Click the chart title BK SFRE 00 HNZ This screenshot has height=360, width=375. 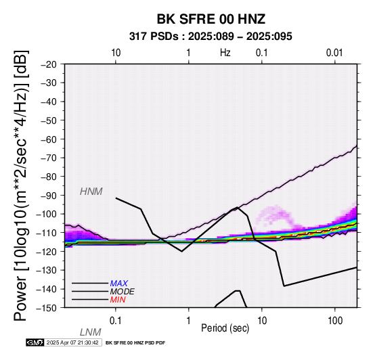tap(211, 19)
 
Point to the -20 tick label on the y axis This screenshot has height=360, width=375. tap(49, 64)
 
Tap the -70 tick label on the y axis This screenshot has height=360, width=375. tap(49, 158)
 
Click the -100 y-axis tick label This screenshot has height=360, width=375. tap(47, 214)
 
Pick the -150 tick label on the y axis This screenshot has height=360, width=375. tap(47, 308)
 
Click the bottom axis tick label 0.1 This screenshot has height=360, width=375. tap(116, 321)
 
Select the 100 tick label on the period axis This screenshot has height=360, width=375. tap(335, 321)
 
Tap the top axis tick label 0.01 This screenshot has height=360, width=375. tap(334, 53)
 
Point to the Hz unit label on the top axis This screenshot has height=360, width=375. tap(225, 53)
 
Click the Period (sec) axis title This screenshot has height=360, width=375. tap(225, 328)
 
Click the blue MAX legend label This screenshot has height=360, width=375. tap(119, 284)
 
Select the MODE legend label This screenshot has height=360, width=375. tap(123, 292)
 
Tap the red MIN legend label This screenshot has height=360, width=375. tap(118, 300)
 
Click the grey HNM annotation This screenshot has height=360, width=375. tap(91, 192)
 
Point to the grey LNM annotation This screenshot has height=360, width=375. tap(91, 332)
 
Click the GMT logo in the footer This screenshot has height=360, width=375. tap(35, 342)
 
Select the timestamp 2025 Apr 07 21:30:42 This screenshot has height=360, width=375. tap(72, 342)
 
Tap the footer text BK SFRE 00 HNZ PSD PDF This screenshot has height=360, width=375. tap(135, 343)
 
